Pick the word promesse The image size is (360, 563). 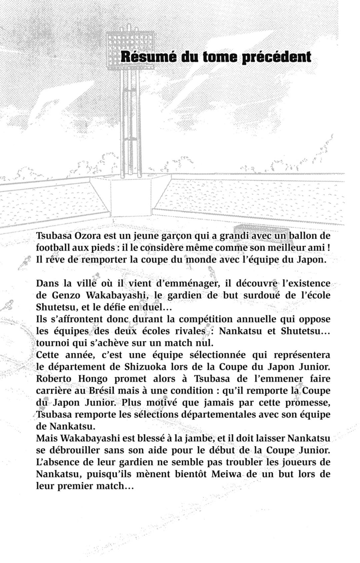(x=307, y=403)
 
